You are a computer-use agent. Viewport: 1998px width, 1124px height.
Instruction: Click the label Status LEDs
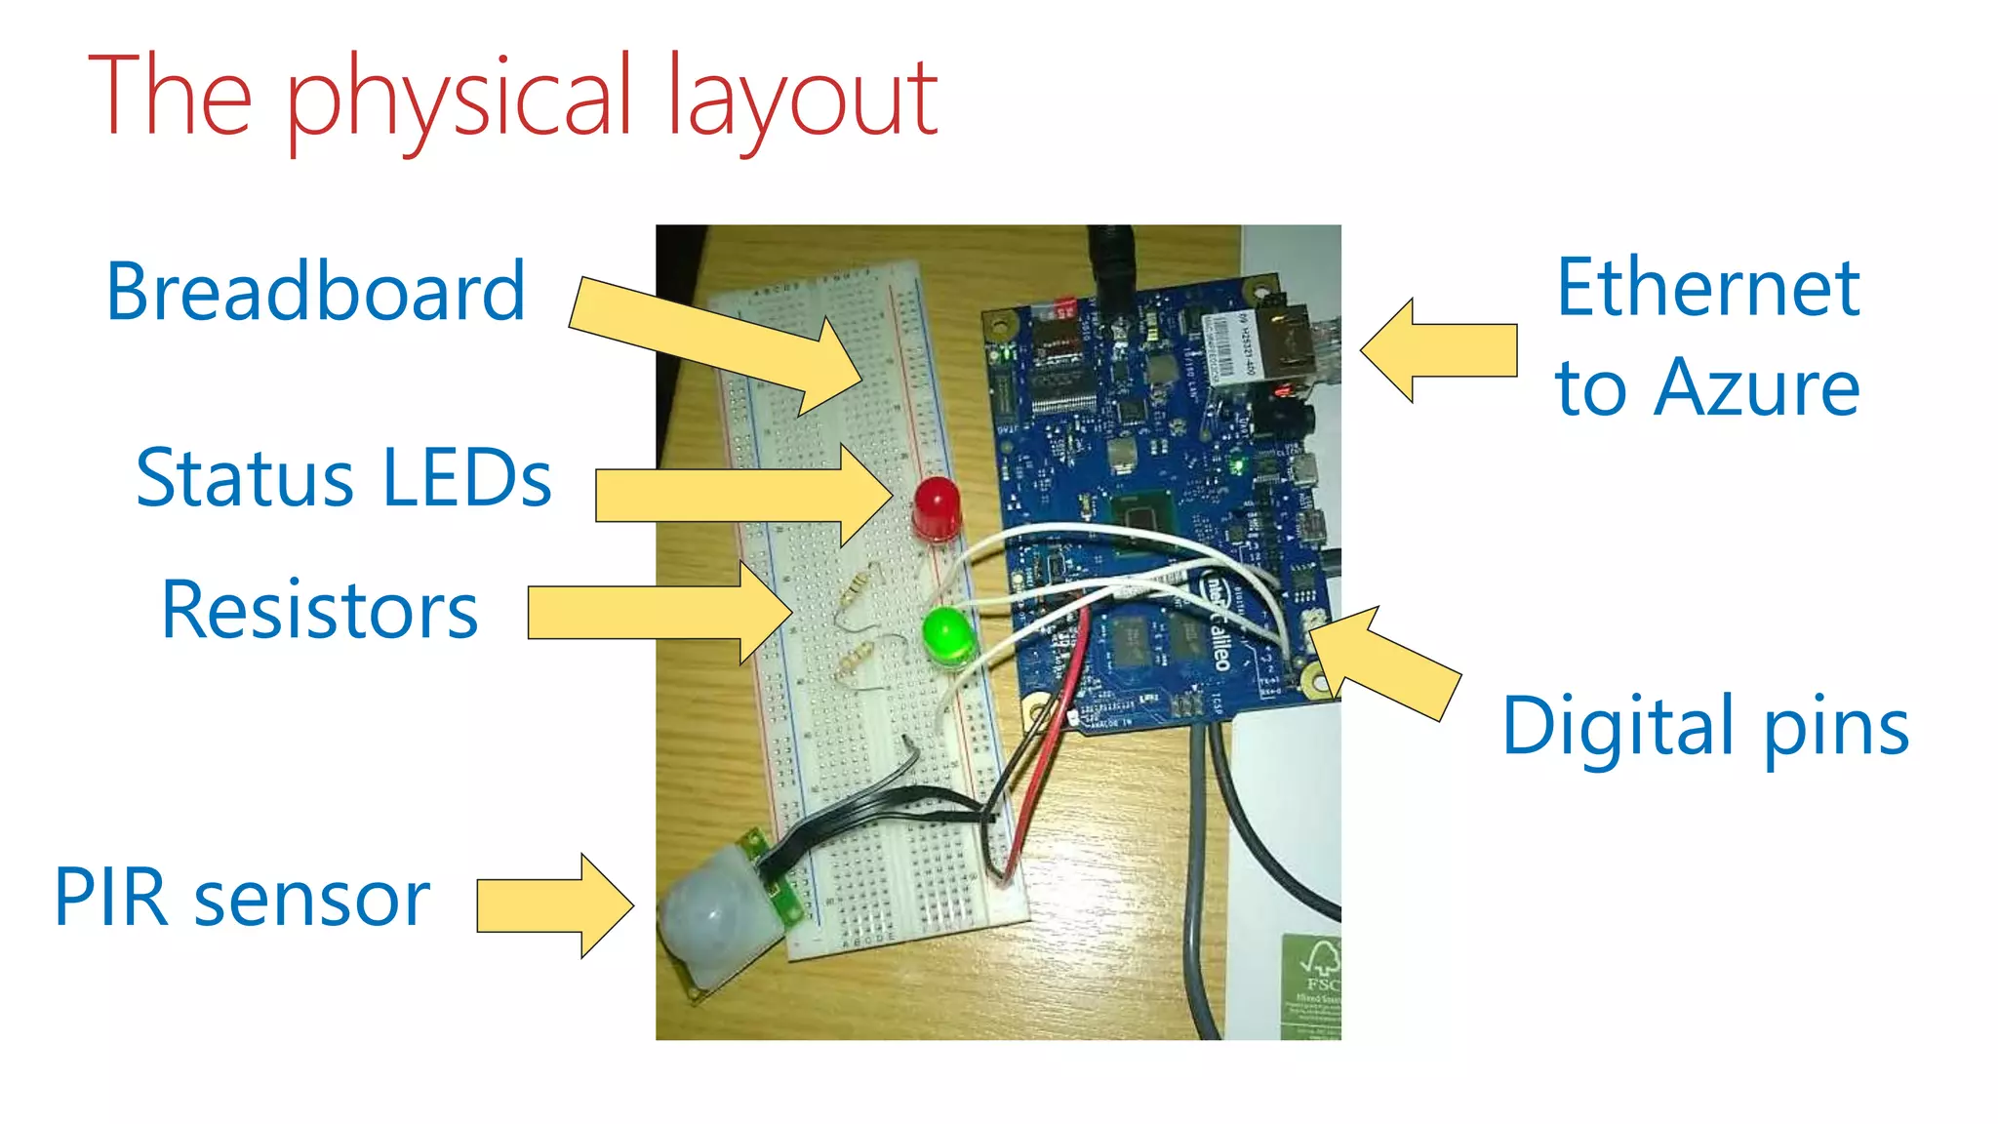(x=343, y=478)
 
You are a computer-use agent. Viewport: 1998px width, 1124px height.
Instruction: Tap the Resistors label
(x=319, y=610)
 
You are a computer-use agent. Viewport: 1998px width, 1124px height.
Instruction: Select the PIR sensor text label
(x=242, y=898)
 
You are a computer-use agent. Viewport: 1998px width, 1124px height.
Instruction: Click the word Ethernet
(x=1707, y=288)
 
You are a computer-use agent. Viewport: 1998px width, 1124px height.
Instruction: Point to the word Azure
(x=1756, y=387)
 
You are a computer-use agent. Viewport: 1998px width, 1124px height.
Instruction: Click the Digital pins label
(x=1704, y=727)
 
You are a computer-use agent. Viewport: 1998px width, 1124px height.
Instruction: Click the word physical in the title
(x=459, y=98)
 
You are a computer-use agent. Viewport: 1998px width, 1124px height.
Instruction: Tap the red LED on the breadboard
(x=937, y=505)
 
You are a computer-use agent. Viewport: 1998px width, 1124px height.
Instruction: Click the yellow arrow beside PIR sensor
(x=554, y=905)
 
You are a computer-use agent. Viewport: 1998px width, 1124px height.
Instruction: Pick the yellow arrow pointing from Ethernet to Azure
(x=1439, y=350)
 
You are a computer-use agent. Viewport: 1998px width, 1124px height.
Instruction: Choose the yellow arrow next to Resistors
(x=659, y=613)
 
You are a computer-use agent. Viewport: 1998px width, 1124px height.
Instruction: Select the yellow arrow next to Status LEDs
(x=741, y=496)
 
